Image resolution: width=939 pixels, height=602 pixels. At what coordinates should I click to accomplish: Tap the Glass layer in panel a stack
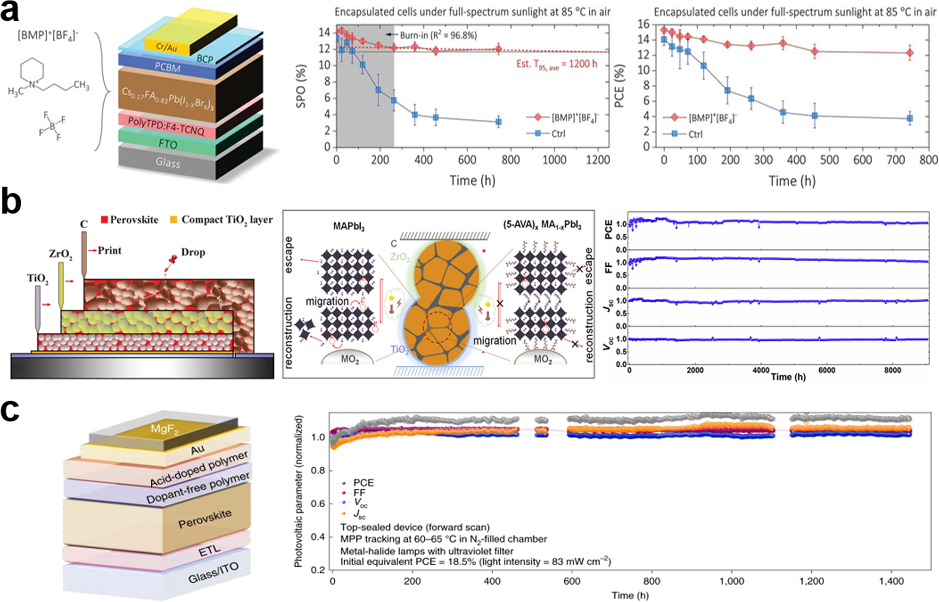point(168,162)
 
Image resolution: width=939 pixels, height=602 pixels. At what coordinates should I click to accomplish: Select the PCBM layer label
point(167,68)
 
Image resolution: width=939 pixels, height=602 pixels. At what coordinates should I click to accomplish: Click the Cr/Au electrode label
point(166,46)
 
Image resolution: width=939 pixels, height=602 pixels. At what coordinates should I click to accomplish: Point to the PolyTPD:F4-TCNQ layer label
point(166,126)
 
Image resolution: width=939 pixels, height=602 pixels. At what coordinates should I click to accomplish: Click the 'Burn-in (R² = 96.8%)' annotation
point(438,35)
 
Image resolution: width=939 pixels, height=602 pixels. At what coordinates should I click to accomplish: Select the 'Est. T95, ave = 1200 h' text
point(557,65)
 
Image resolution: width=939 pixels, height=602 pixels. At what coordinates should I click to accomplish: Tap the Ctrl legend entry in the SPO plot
point(558,134)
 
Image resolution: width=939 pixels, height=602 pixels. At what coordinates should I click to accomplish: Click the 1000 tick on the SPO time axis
point(554,160)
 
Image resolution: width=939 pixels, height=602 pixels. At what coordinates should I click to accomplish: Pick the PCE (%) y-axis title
point(620,86)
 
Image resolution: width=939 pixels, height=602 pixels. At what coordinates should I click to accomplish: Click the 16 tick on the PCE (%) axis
point(643,24)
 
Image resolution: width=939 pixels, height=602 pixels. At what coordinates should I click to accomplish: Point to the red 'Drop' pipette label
point(193,252)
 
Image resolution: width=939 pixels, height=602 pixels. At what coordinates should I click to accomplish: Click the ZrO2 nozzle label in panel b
point(61,254)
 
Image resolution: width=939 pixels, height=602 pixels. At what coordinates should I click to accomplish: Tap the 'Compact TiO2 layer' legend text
point(227,220)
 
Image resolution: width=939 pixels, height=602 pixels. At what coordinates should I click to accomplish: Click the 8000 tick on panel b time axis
point(892,370)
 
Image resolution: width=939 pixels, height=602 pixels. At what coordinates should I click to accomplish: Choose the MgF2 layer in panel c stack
point(164,429)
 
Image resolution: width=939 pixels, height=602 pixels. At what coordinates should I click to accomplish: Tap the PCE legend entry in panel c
point(363,483)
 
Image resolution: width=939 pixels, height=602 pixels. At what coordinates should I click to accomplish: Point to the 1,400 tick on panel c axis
point(891,581)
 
